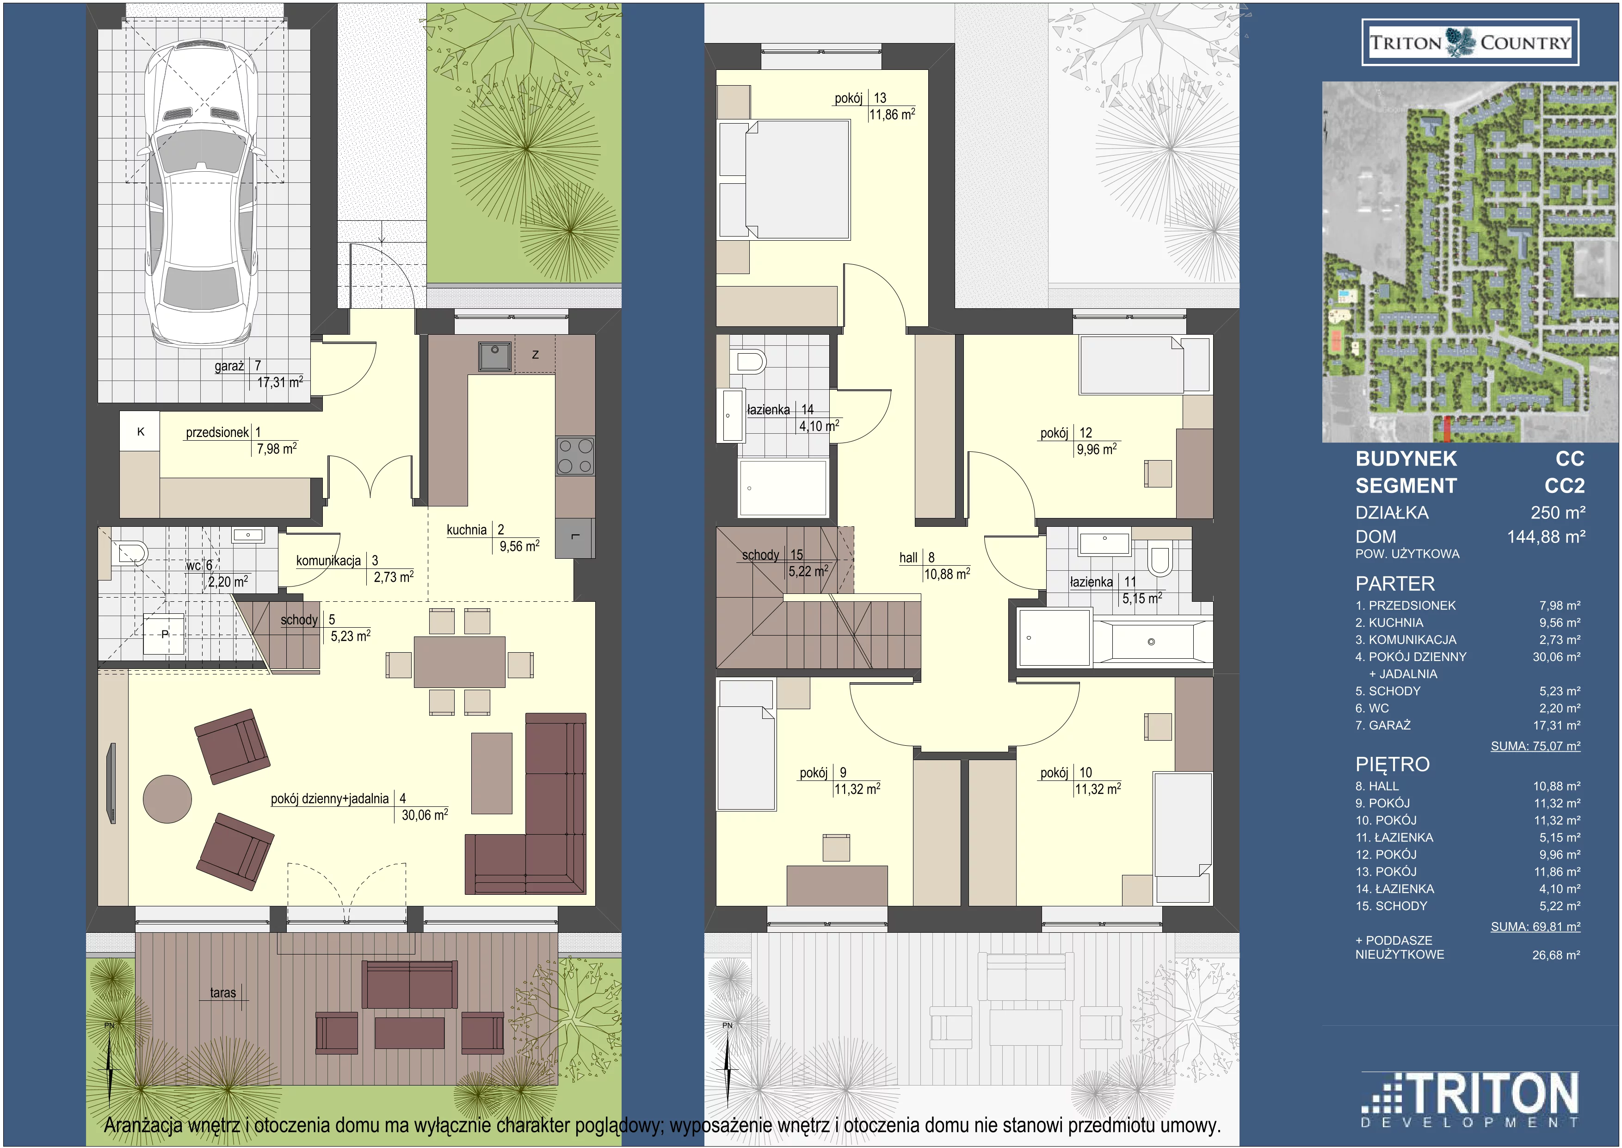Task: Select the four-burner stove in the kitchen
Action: coord(575,456)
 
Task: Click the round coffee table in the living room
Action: coord(167,799)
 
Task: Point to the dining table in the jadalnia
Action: coord(459,661)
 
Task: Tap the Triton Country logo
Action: coord(1470,43)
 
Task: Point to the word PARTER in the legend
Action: coord(1394,584)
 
